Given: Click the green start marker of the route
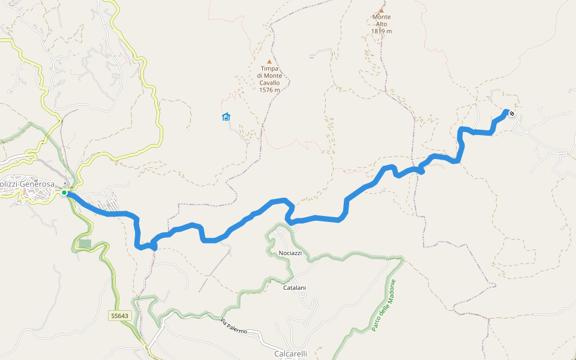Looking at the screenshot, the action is click(x=64, y=193).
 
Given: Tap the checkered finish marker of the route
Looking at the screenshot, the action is click(x=511, y=113).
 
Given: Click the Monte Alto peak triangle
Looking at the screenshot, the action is click(x=381, y=10).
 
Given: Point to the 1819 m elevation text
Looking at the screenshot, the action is click(x=381, y=31).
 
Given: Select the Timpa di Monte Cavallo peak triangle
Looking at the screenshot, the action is click(x=269, y=61).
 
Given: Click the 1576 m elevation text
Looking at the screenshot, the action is click(x=270, y=90).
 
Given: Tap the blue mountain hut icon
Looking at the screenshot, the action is click(x=226, y=116).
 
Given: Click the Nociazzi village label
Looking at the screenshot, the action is click(x=290, y=253).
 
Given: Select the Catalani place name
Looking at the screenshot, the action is click(x=294, y=288).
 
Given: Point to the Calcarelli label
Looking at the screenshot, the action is click(x=290, y=354).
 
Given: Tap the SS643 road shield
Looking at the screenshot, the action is click(x=119, y=316).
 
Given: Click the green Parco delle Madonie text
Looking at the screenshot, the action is click(x=384, y=305).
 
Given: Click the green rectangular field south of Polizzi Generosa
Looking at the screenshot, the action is click(x=85, y=244).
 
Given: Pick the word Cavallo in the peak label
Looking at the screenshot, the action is click(x=270, y=83).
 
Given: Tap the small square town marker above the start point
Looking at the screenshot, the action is click(x=65, y=184).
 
